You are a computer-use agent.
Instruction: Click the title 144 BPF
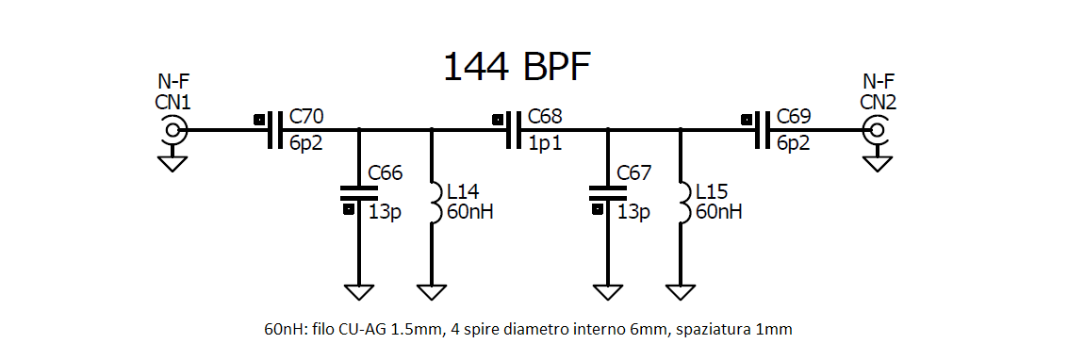(517, 68)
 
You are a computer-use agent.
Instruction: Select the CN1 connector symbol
(173, 130)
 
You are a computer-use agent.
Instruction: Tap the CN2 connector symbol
(877, 130)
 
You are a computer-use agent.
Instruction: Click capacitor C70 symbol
(273, 130)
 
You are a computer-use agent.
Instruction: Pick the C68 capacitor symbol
(513, 130)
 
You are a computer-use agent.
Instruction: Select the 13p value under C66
(386, 211)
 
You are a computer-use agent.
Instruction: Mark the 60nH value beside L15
(718, 211)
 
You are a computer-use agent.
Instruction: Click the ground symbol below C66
(358, 291)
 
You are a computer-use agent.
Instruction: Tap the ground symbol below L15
(681, 291)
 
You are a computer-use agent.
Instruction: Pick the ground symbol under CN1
(173, 163)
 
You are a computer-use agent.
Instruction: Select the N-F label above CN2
(879, 81)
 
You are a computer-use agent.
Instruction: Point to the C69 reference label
(793, 118)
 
